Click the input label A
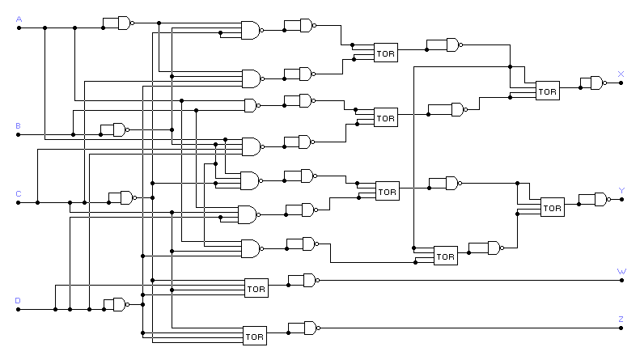19,18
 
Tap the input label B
19,125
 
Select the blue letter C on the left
19,194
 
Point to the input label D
19,300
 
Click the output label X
621,74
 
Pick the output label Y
621,191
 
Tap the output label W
621,272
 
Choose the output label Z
621,320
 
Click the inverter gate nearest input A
125,23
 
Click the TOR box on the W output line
256,288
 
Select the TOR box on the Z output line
255,335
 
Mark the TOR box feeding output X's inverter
548,91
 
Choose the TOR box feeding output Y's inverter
552,207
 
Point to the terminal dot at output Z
621,328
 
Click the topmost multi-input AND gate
252,31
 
